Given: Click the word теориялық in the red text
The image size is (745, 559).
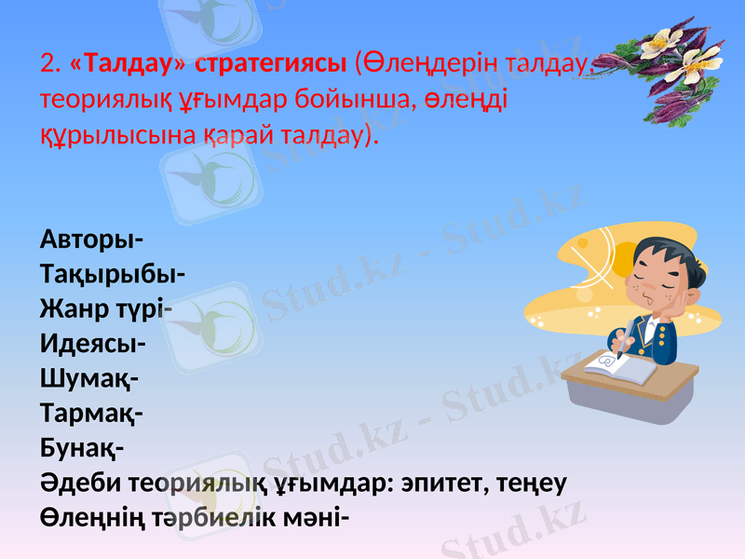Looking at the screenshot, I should pyautogui.click(x=101, y=98).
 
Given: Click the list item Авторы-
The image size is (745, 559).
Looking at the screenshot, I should pyautogui.click(x=90, y=239).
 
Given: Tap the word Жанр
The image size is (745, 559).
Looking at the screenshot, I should pyautogui.click(x=74, y=309).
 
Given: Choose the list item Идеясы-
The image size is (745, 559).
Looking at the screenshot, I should pyautogui.click(x=91, y=344).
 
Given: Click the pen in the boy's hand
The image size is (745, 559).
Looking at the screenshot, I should pyautogui.click(x=629, y=331).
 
